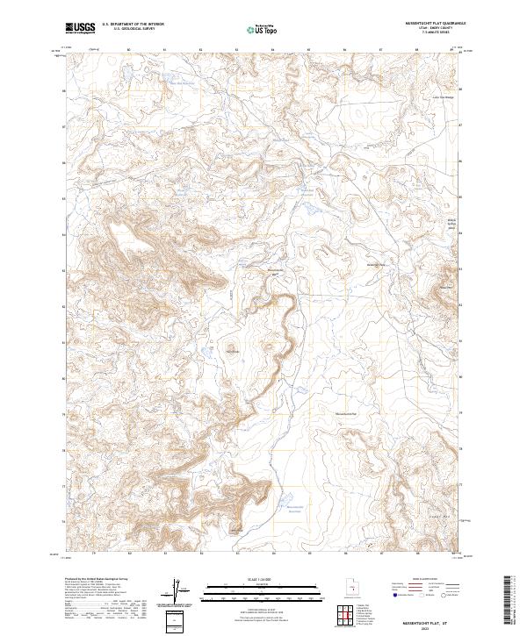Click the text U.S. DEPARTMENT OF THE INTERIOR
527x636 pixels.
point(131,24)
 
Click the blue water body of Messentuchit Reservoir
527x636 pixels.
point(286,505)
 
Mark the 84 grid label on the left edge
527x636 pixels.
point(62,234)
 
